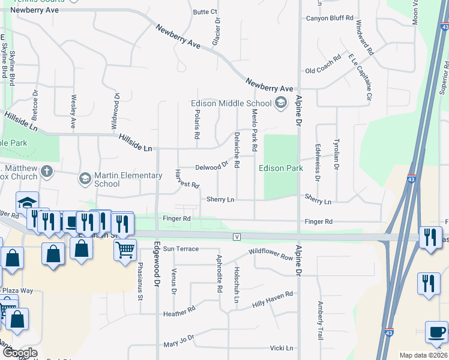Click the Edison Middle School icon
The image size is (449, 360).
click(280, 103)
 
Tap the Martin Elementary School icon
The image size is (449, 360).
click(85, 179)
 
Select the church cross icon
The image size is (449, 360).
click(46, 172)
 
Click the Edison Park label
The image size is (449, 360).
click(281, 169)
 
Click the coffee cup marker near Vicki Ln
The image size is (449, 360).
click(436, 332)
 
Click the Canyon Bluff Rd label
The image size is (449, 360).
click(330, 19)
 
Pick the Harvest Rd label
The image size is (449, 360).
click(187, 180)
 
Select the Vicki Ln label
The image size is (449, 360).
click(281, 348)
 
